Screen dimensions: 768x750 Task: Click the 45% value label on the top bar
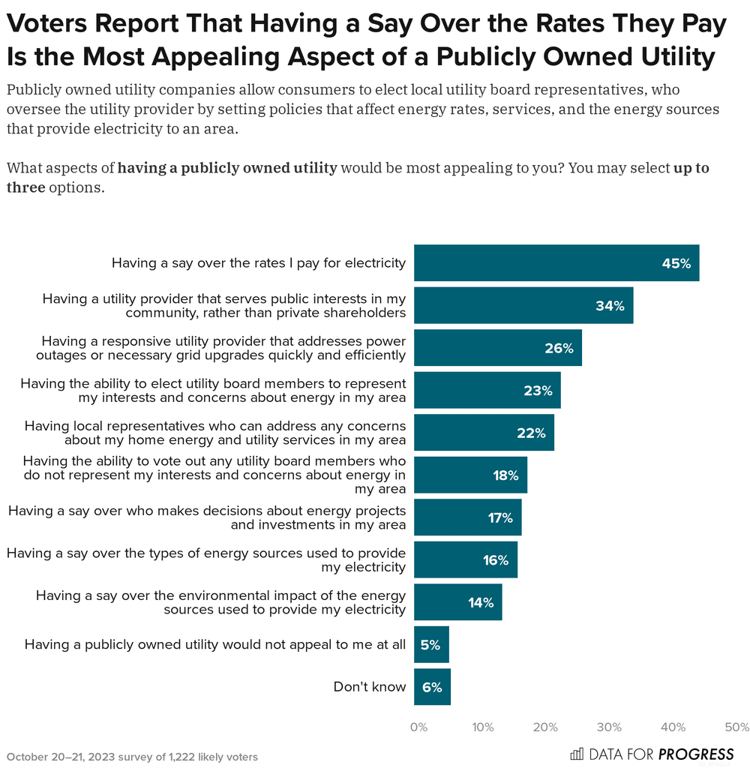(676, 263)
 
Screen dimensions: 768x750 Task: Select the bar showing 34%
(523, 305)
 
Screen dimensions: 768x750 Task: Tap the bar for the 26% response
(497, 348)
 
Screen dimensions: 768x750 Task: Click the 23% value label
(538, 391)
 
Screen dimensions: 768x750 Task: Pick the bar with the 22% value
(484, 433)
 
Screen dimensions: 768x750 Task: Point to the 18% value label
(505, 475)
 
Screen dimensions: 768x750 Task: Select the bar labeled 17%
(467, 517)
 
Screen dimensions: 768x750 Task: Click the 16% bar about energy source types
(465, 560)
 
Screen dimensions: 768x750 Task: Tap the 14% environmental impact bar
(457, 602)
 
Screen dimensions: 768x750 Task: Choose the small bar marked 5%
(431, 645)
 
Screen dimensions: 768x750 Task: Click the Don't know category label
(369, 687)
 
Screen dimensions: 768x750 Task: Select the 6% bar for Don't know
(432, 687)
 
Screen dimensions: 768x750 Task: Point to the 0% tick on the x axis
(418, 727)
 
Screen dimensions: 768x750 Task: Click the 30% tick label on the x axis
(610, 727)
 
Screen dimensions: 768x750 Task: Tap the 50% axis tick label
(737, 727)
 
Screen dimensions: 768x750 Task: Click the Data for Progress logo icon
(577, 754)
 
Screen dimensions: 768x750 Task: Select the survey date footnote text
(132, 757)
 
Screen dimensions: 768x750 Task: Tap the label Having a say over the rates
(258, 263)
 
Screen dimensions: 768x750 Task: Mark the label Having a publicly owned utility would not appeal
(214, 645)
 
